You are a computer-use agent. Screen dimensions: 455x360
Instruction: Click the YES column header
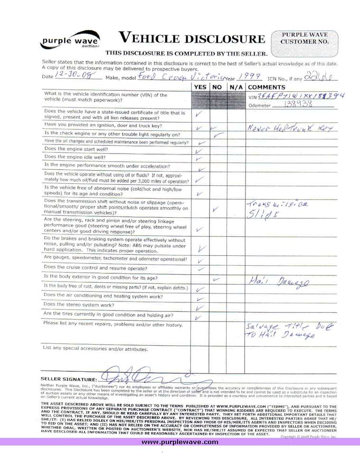click(x=200, y=87)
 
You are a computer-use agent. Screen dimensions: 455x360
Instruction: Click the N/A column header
click(x=236, y=87)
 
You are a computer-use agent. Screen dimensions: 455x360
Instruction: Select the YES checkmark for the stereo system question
click(x=200, y=308)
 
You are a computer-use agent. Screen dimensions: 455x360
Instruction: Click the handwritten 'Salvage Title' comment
click(x=286, y=331)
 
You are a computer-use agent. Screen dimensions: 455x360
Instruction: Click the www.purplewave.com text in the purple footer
click(x=180, y=442)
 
